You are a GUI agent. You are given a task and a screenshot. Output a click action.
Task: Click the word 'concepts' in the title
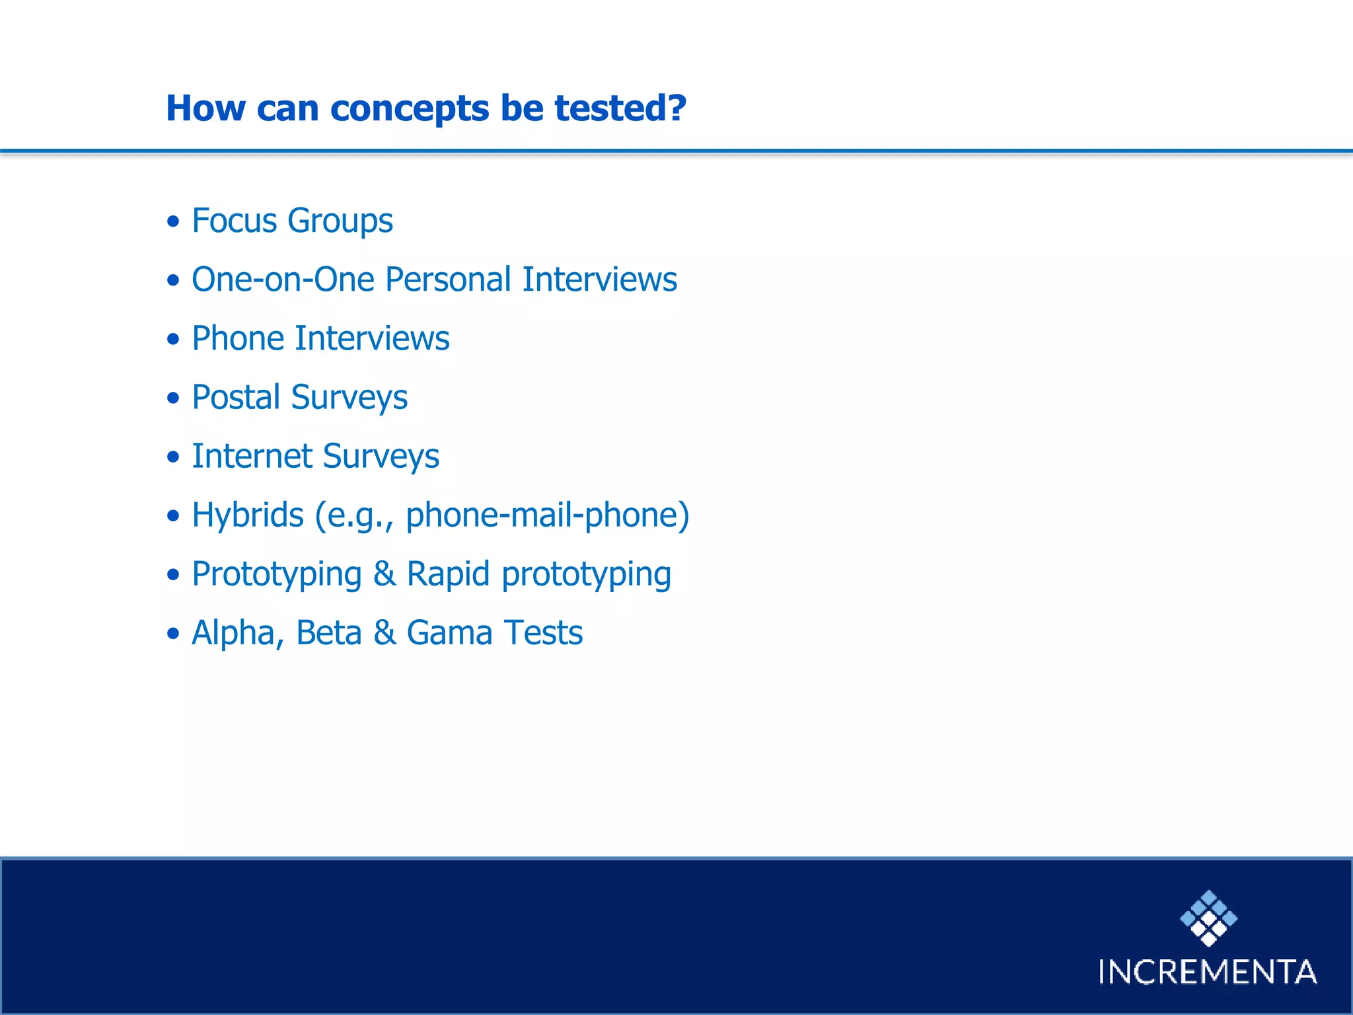coord(409,109)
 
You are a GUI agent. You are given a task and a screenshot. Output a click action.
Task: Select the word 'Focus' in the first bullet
coord(234,221)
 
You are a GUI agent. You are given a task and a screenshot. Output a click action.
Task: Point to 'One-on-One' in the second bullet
coord(283,280)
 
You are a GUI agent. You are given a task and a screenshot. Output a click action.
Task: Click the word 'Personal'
coord(447,280)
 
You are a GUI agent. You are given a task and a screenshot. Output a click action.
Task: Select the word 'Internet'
coord(252,456)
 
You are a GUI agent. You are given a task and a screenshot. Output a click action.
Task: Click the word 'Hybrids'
coord(248,515)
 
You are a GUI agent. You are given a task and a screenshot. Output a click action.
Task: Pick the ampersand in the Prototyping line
coord(384,574)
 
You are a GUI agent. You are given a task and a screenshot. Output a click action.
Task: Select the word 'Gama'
coord(449,633)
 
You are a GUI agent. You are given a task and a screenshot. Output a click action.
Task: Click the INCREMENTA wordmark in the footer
coord(1208,972)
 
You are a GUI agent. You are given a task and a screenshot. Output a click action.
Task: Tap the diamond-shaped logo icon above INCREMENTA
coord(1208,918)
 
